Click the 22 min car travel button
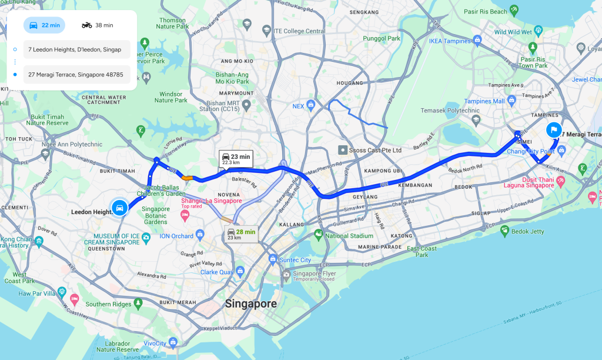pos(44,25)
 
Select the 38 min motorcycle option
pos(97,25)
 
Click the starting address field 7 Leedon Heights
pos(76,49)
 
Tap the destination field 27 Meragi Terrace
pos(76,75)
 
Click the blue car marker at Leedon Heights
pos(119,207)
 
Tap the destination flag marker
pos(553,131)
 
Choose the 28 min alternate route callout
pos(241,234)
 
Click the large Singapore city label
pos(251,304)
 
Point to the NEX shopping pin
pos(310,105)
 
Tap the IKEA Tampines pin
pos(477,41)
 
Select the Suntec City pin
pos(273,259)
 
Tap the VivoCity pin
pos(173,342)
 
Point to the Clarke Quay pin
pos(240,272)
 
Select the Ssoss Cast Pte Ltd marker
pos(342,150)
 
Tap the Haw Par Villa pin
pos(74,299)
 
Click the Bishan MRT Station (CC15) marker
pos(247,105)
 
